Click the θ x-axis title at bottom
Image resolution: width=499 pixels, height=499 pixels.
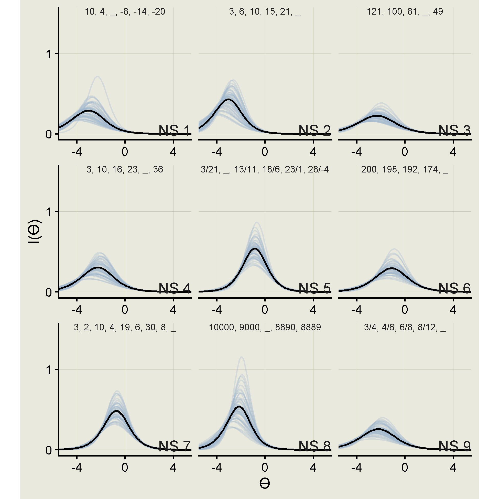(265, 483)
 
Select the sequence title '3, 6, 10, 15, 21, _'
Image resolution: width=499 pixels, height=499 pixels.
(265, 12)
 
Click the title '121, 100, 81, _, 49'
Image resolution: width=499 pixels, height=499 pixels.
(405, 12)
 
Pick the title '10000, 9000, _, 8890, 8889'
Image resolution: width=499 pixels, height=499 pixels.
(265, 327)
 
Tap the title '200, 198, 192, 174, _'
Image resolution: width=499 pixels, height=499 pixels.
(405, 169)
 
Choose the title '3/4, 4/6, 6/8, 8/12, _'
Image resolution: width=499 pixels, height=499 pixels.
(405, 327)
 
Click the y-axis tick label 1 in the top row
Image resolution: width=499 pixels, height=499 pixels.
(49, 54)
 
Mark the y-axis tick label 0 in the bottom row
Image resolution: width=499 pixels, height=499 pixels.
(49, 450)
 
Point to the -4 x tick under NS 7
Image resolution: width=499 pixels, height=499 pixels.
(77, 467)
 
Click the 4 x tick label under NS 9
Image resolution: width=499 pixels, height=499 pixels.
(453, 467)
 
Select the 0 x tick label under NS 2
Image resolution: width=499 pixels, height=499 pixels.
(265, 151)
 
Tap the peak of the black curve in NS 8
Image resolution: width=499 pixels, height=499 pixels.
(239, 407)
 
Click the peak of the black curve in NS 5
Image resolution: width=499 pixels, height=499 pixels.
(255, 248)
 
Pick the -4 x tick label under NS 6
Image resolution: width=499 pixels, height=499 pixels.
(356, 309)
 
